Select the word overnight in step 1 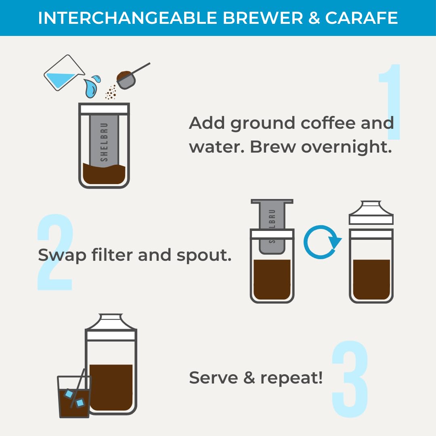point(347,147)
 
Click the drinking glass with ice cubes point(74,396)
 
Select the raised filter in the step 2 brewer point(272,226)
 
